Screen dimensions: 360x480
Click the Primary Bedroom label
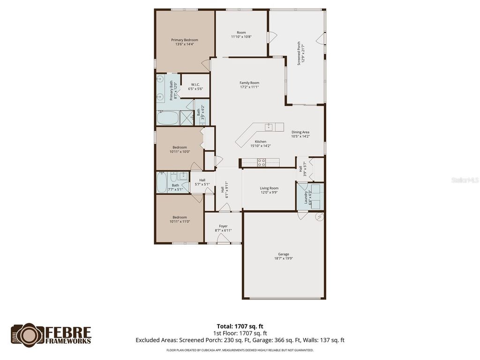[184, 40]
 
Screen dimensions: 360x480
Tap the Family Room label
[249, 83]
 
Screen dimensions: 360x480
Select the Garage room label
[284, 254]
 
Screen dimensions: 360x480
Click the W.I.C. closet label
[195, 85]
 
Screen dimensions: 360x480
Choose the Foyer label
[223, 226]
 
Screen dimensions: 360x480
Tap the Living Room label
[269, 188]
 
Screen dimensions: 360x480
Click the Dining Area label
[300, 132]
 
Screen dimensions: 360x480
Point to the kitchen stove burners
[262, 163]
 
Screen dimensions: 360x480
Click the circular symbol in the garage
[320, 217]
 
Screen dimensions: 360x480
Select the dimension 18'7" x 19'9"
[284, 258]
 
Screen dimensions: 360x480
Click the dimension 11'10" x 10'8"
[241, 37]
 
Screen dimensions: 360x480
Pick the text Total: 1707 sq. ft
[243, 326]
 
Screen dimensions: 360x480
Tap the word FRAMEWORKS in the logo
[68, 341]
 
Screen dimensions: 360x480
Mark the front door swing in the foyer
[224, 239]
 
